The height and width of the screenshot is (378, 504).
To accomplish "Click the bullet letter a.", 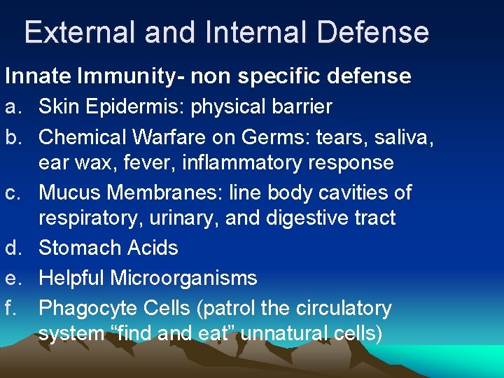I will coord(13,106).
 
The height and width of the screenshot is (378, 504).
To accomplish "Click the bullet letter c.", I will coord(13,192).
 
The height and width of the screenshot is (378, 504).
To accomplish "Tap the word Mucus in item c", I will coord(66,192).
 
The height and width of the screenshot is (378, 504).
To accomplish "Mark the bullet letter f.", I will coord(13,307).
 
